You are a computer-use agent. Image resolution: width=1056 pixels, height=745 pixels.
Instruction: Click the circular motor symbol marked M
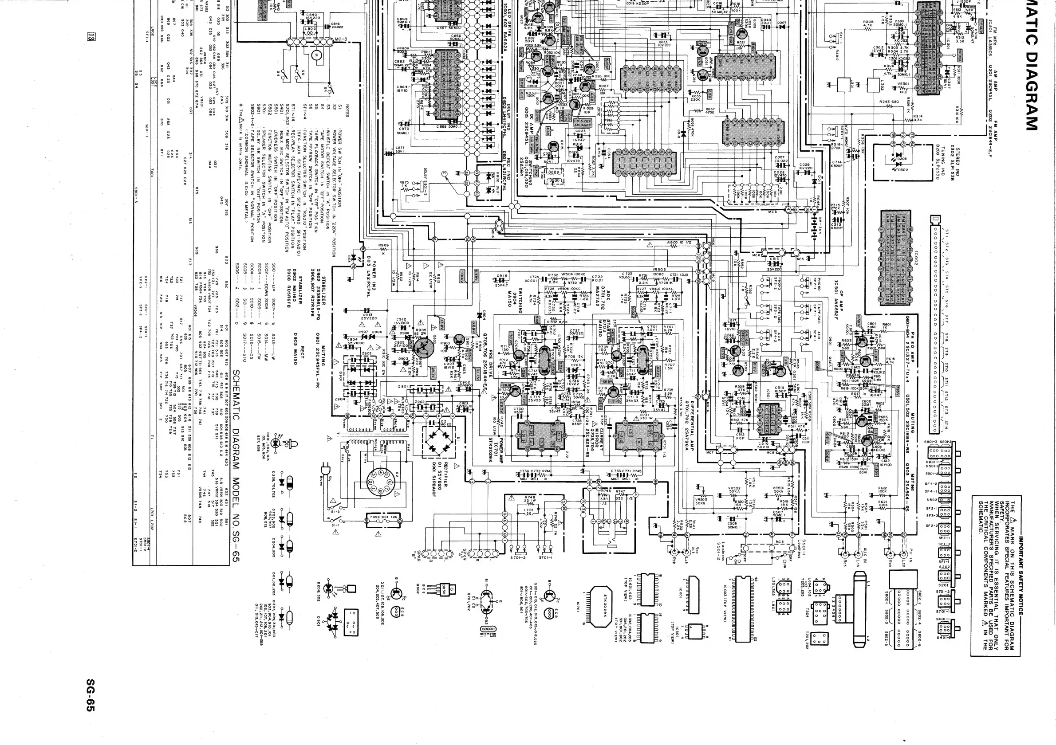(x=315, y=55)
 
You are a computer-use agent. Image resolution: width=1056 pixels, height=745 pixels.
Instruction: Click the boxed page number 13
(x=91, y=36)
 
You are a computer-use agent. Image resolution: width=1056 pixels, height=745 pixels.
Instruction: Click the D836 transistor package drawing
(x=449, y=589)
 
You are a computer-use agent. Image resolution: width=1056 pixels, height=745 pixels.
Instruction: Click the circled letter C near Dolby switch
(x=444, y=174)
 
